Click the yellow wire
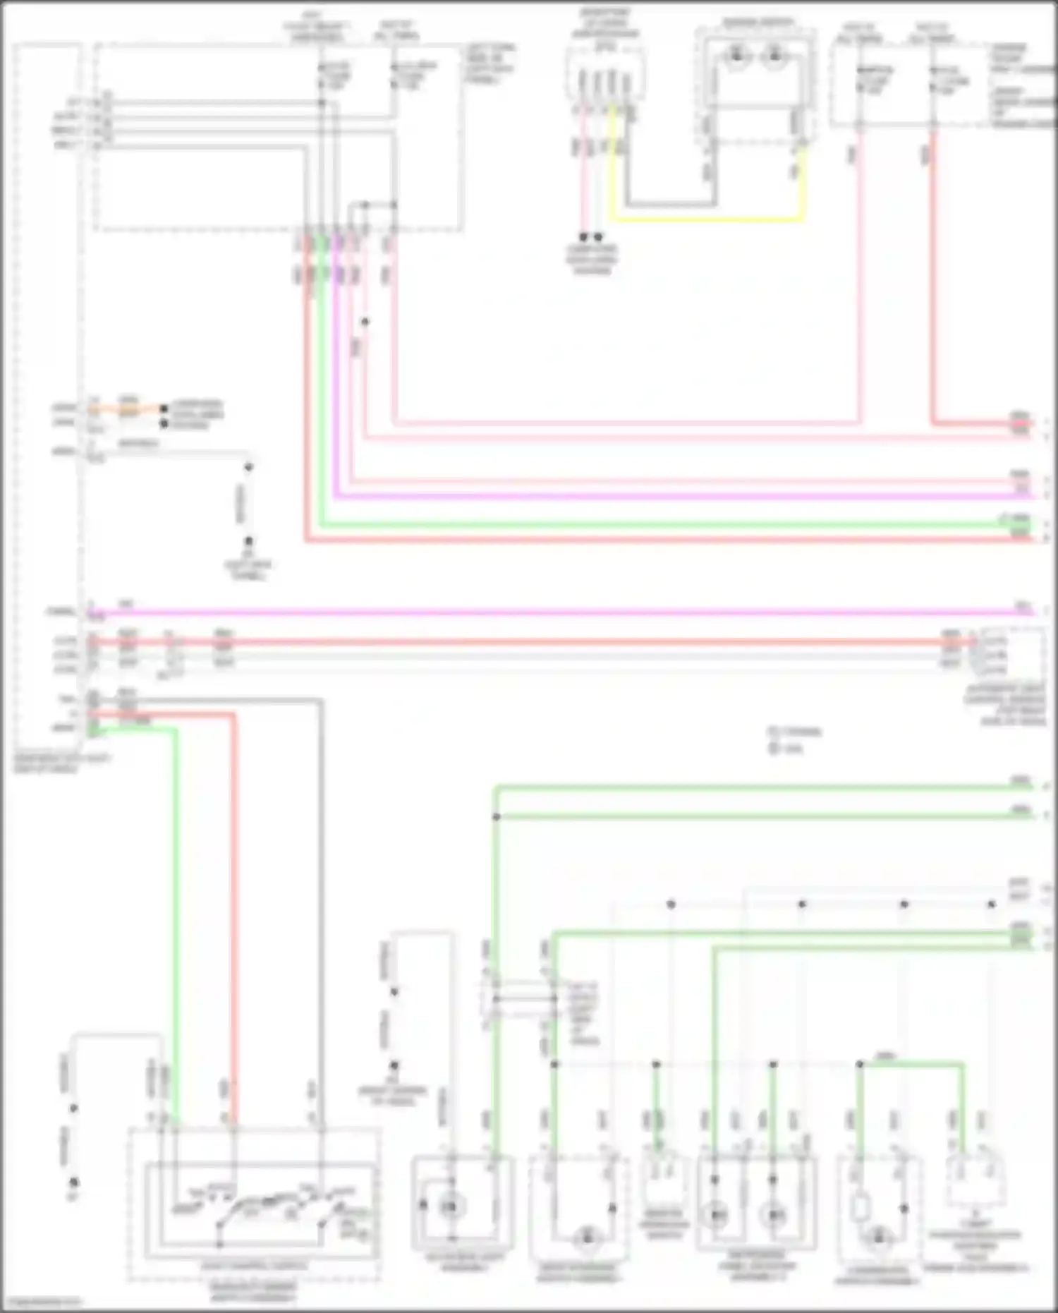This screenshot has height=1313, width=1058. coord(705,219)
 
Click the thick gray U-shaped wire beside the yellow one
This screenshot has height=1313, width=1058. coord(670,205)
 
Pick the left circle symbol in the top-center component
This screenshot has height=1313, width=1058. coord(737,55)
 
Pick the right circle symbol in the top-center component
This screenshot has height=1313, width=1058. coord(774,55)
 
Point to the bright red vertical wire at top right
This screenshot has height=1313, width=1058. coord(933,282)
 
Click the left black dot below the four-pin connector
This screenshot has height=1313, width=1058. coord(583,237)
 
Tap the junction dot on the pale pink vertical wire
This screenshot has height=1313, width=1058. coord(365,322)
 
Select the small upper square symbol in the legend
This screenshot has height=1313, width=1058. coord(772,732)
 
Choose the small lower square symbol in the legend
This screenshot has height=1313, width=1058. coord(772,748)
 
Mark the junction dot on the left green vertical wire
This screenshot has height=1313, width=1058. coord(496,817)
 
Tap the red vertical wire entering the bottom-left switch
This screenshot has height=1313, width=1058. coord(234,917)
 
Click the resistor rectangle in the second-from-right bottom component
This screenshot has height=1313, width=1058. coord(860,1208)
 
